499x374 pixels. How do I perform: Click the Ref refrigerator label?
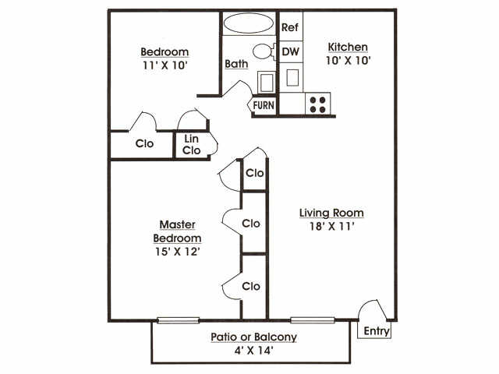click(289, 27)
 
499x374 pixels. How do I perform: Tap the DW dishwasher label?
click(291, 51)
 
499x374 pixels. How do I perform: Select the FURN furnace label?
click(264, 105)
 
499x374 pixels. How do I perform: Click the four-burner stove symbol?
click(317, 104)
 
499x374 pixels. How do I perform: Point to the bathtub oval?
click(248, 23)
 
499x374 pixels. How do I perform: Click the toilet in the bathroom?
click(264, 51)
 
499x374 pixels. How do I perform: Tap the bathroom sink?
click(266, 82)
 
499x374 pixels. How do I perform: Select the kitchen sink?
click(292, 78)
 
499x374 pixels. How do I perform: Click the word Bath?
click(236, 64)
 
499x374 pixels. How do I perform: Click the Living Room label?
click(331, 213)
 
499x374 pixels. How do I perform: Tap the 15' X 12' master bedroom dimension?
click(177, 252)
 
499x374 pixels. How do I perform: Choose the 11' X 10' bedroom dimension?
click(165, 65)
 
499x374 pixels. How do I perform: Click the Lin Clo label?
click(192, 144)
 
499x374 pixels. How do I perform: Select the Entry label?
click(377, 331)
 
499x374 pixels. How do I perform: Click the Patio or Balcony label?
click(253, 337)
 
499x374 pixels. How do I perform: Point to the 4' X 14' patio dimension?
click(253, 351)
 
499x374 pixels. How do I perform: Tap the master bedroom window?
click(179, 320)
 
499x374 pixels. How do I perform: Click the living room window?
click(313, 320)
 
